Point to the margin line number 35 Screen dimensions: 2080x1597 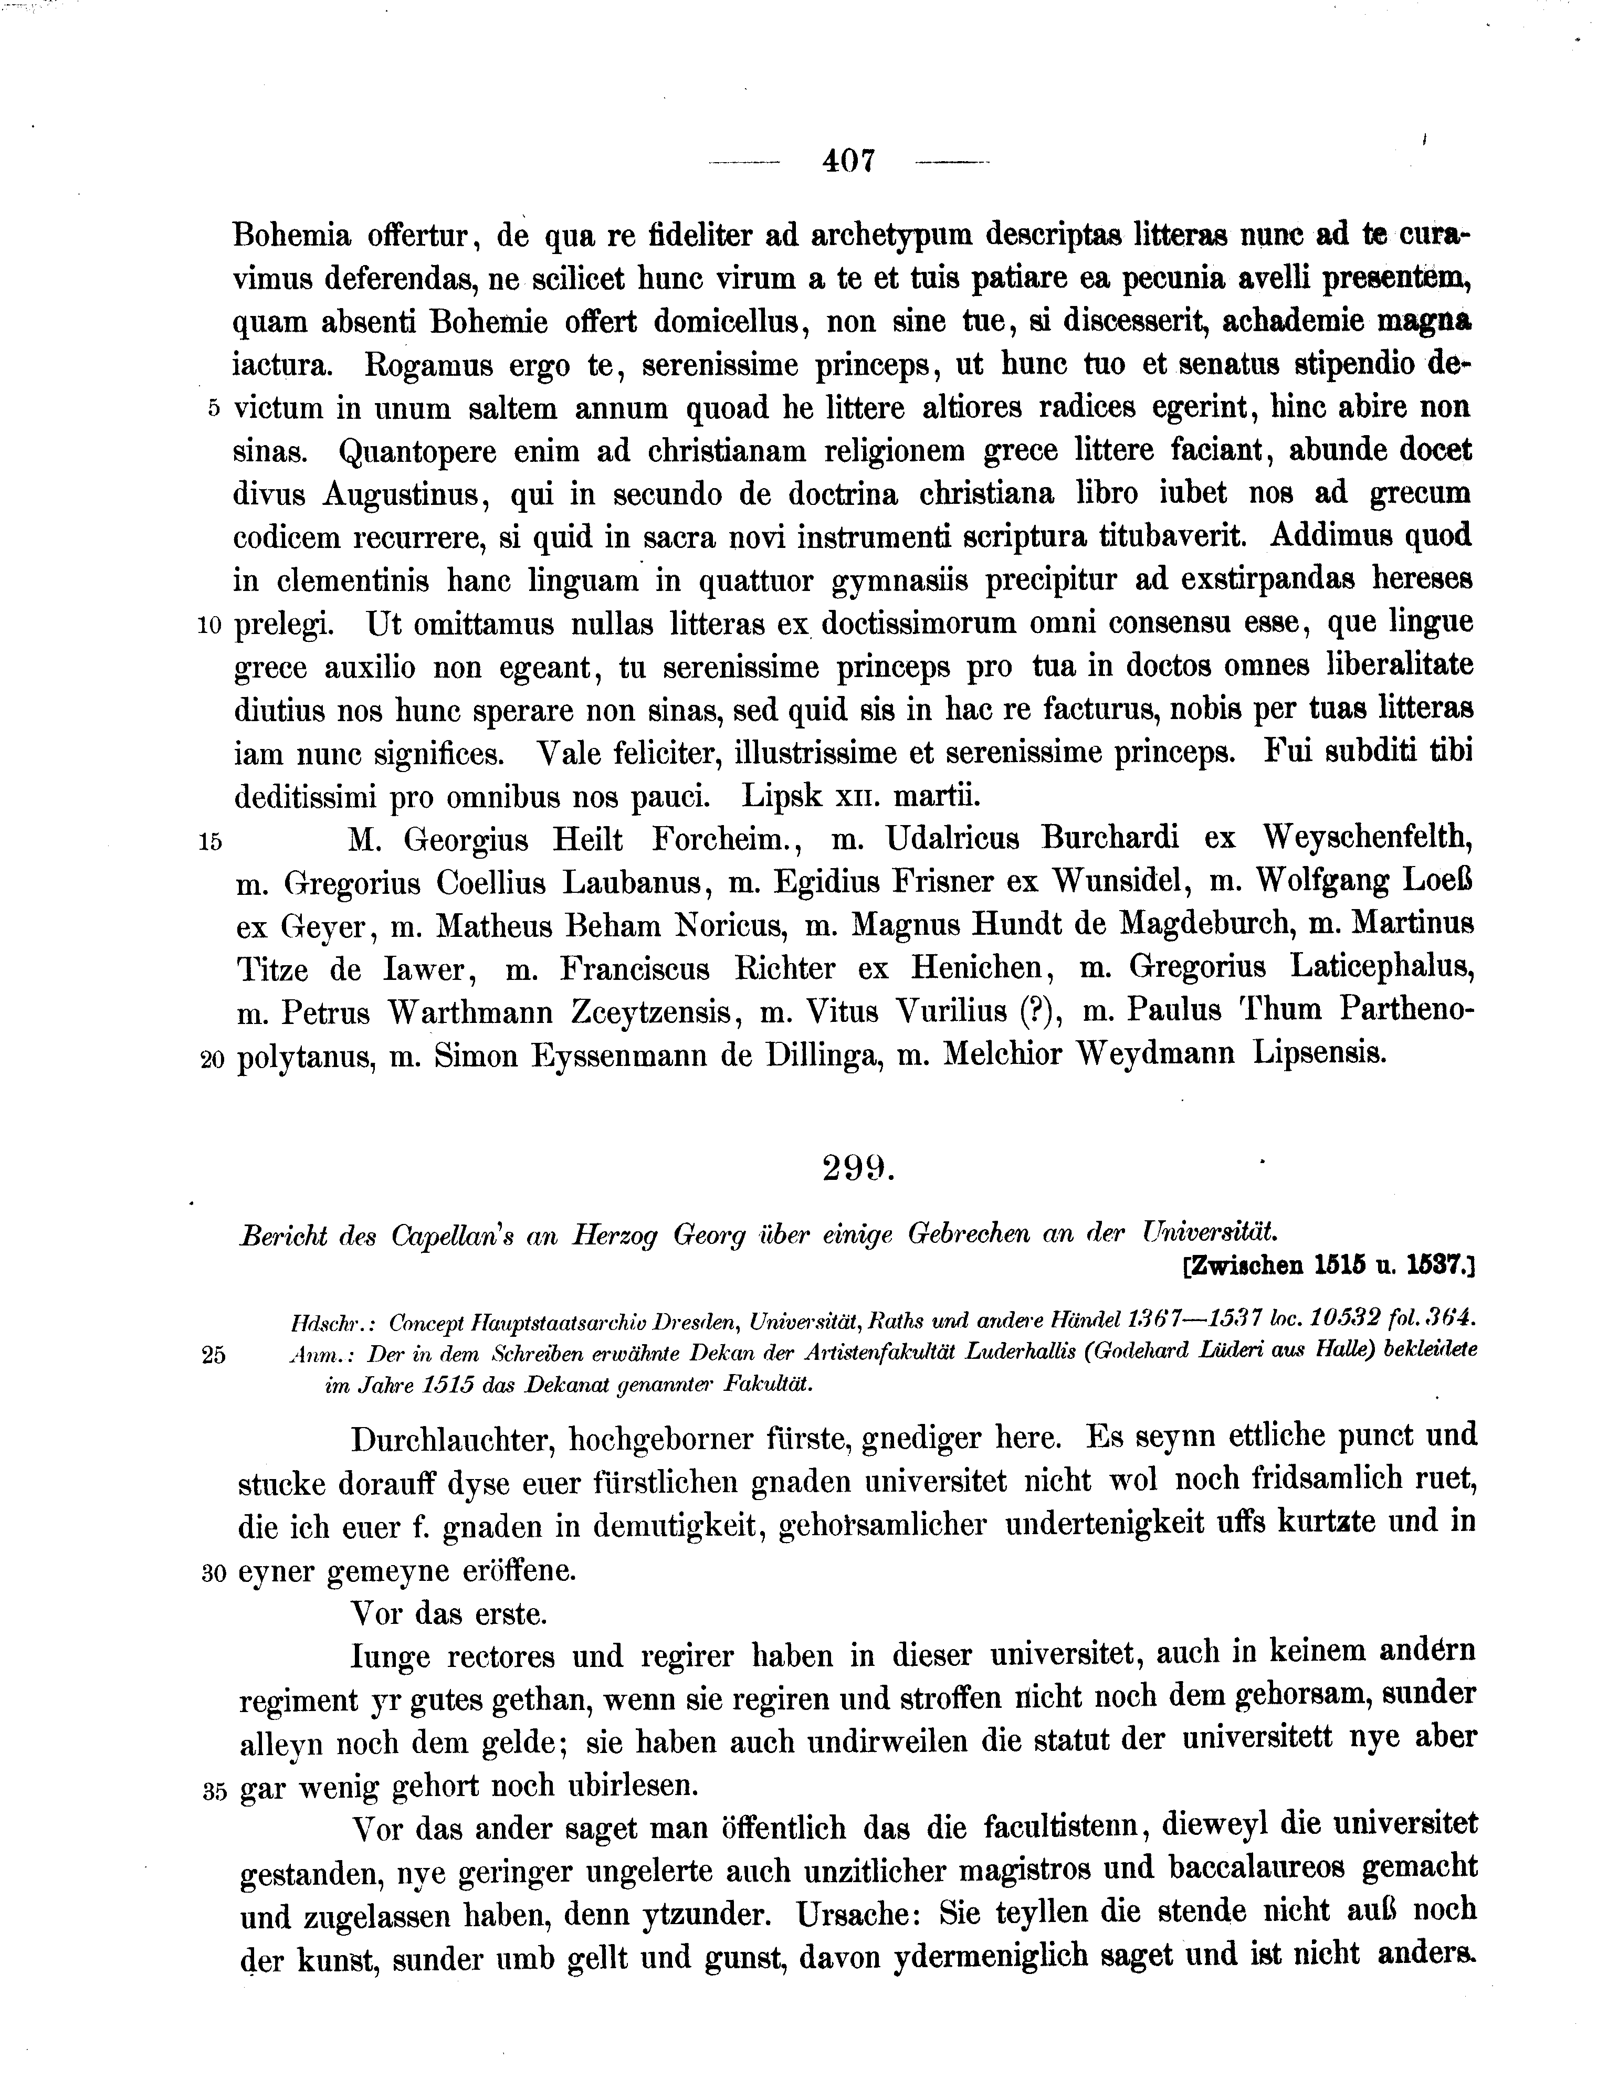click(214, 1792)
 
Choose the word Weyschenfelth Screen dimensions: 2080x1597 click(1369, 839)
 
